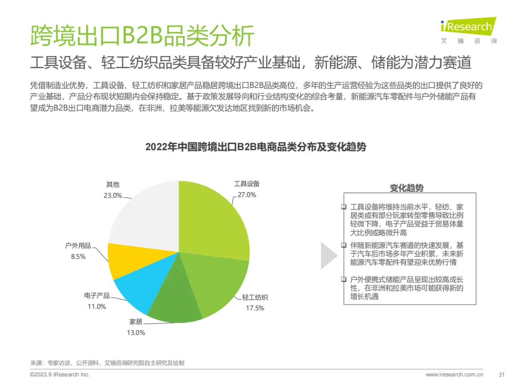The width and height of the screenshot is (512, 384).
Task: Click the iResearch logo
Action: (468, 27)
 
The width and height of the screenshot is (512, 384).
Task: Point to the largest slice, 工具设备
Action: (212, 220)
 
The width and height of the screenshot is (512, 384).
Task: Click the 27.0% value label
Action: (247, 195)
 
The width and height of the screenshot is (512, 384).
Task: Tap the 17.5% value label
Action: (255, 308)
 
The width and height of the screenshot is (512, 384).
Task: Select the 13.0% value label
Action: (136, 332)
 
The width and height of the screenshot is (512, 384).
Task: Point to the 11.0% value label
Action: (97, 306)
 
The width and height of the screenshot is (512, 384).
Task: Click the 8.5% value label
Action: (78, 256)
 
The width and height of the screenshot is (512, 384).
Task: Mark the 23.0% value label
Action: (113, 196)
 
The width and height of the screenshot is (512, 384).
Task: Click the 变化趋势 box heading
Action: (406, 188)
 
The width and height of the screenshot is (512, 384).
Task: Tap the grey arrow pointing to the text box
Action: (329, 255)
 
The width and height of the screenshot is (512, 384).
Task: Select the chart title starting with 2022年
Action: (256, 147)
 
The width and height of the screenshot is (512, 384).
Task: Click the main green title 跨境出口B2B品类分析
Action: (142, 36)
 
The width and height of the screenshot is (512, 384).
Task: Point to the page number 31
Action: (502, 375)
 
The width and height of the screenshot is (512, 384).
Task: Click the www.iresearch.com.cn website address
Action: (454, 375)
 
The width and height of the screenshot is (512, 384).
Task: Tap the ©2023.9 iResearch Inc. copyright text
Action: (60, 375)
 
